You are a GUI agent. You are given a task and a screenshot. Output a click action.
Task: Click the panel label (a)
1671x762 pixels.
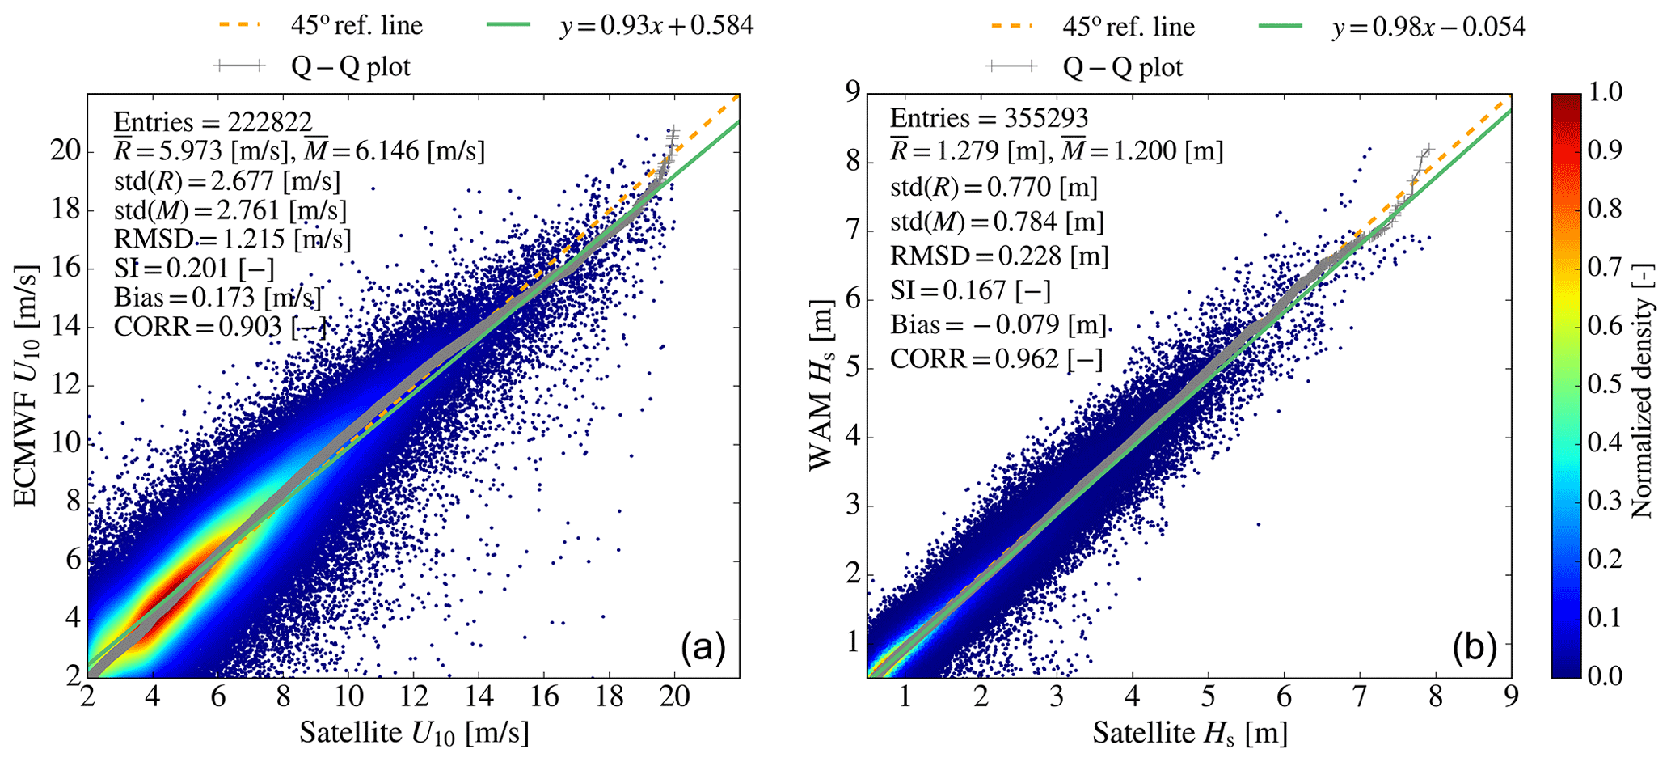(x=703, y=648)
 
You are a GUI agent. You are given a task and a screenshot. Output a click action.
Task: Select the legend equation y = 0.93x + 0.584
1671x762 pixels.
(x=656, y=26)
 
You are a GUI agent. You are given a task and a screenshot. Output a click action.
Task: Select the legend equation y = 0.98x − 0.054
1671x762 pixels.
(x=1428, y=27)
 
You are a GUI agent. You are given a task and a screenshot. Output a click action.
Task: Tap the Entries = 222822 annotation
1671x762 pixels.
(x=213, y=122)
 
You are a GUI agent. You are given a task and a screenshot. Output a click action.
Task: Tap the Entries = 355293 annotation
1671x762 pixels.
(x=989, y=118)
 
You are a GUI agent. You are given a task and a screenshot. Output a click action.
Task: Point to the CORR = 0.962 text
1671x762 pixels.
(x=996, y=358)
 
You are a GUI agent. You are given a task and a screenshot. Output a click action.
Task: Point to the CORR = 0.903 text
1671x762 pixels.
(x=221, y=327)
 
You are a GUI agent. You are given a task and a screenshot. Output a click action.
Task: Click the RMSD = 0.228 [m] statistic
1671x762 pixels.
(x=999, y=256)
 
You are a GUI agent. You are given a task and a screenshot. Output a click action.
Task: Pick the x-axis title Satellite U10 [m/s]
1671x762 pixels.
(x=414, y=734)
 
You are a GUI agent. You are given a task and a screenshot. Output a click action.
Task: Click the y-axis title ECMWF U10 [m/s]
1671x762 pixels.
(x=26, y=385)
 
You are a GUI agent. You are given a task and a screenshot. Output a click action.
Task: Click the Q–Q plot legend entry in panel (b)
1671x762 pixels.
(x=1122, y=67)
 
